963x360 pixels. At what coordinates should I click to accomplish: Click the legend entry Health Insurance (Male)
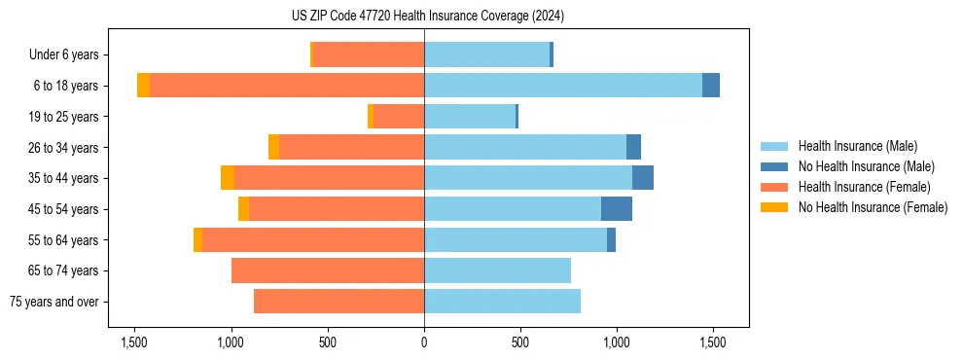857,146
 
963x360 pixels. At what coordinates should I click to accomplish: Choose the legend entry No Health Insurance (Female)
873,207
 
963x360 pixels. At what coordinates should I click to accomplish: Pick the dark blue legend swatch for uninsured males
775,166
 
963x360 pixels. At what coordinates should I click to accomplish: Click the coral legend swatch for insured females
775,187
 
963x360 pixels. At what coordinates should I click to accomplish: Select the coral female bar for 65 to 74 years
328,270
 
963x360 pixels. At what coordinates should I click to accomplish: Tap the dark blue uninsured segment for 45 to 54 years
617,209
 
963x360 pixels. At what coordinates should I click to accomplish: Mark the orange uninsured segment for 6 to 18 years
144,86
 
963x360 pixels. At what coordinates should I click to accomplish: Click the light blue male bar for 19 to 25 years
469,117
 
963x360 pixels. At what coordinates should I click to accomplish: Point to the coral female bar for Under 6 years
369,55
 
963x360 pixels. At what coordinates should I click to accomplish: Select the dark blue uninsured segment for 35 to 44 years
643,178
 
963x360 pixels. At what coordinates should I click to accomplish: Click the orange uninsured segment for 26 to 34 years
273,147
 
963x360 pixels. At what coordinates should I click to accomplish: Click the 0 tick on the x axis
424,342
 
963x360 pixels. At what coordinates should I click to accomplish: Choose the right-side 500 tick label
520,342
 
